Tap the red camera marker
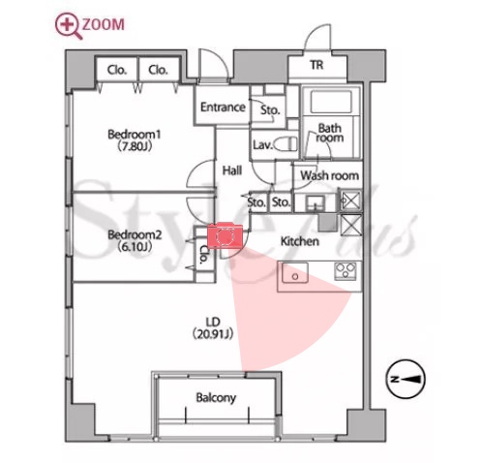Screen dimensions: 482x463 click(225, 235)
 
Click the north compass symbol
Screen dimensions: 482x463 click(406, 379)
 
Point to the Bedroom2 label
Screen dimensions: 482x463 click(135, 234)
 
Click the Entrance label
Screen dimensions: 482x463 click(223, 108)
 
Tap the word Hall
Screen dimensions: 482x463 click(232, 170)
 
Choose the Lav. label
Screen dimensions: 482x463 click(263, 145)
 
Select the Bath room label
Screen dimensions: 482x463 click(330, 133)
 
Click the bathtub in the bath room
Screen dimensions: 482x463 click(331, 102)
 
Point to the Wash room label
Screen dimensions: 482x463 click(330, 175)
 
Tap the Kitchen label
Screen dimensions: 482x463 click(300, 241)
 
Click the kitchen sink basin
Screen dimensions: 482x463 click(295, 273)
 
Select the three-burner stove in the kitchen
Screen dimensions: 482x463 click(346, 270)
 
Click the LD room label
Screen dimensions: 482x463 click(213, 322)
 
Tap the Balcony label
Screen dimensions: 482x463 click(216, 397)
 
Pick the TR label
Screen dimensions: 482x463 click(316, 65)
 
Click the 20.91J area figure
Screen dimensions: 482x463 click(213, 334)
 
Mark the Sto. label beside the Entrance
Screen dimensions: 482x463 click(270, 110)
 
